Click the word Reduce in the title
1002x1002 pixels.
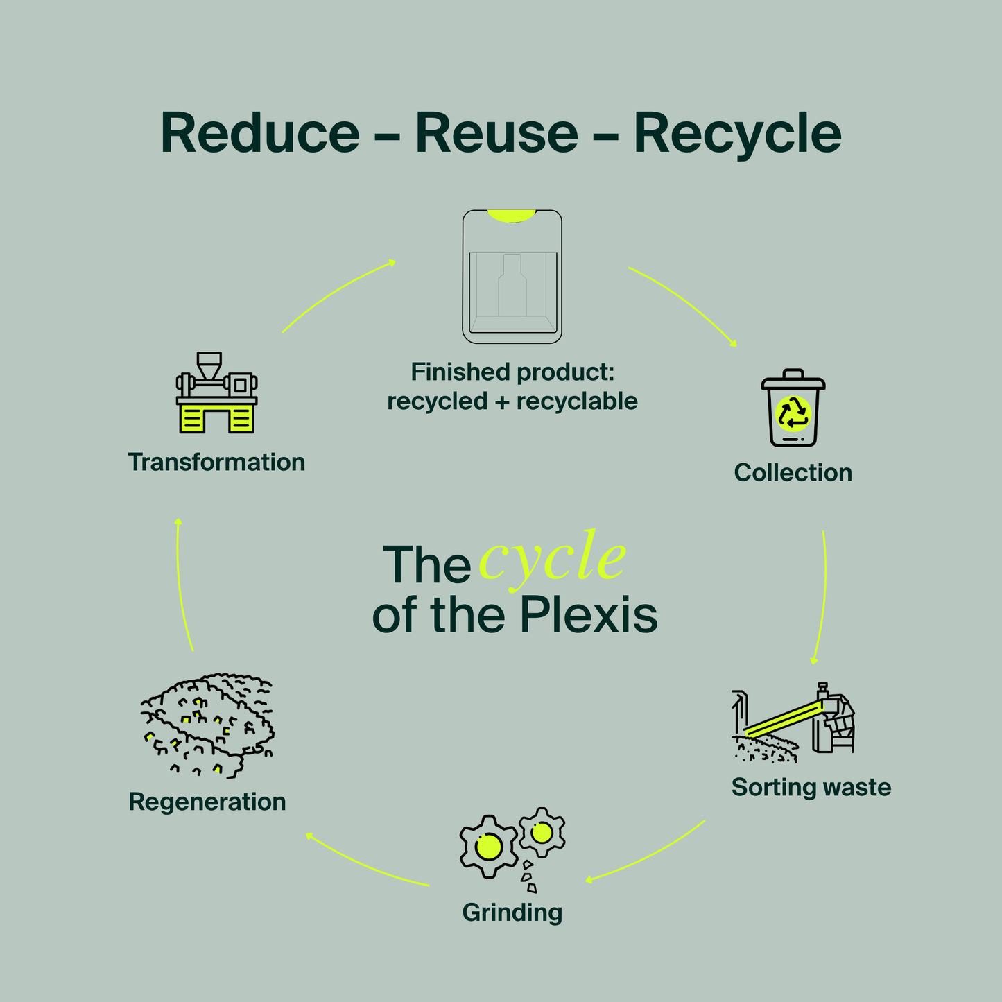tap(260, 133)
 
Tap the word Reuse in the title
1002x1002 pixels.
tap(496, 133)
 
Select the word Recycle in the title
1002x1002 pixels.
tap(737, 135)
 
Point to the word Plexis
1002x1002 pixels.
tap(588, 615)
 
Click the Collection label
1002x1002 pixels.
tap(793, 473)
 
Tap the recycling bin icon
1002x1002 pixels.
tap(793, 409)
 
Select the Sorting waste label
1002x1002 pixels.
tap(811, 787)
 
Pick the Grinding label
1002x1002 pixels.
tap(512, 912)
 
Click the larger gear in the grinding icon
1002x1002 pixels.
tap(488, 846)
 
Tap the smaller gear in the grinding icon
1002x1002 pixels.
tap(542, 831)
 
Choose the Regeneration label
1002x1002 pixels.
tap(207, 802)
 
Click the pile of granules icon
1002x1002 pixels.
tap(208, 725)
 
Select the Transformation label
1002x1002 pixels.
tap(216, 462)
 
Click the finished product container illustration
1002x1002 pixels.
tap(512, 277)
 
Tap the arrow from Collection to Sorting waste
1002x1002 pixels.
tap(824, 596)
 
